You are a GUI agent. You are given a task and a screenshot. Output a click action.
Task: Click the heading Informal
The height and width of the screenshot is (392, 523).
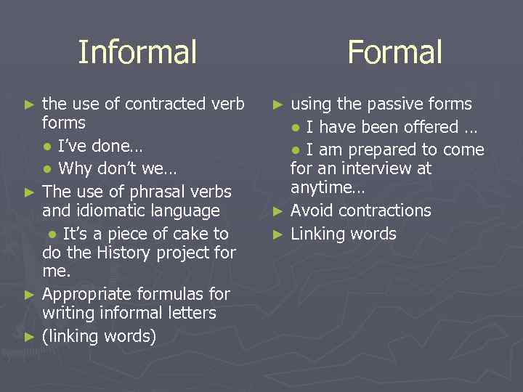point(137,52)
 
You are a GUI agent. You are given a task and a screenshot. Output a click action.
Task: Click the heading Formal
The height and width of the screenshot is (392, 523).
point(394,52)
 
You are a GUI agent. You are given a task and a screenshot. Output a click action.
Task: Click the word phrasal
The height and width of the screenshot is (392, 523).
point(136,192)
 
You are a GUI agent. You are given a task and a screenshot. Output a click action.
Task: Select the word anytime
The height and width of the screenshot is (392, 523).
point(324,188)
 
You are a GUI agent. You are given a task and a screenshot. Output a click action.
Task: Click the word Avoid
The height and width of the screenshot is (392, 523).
point(311,211)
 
